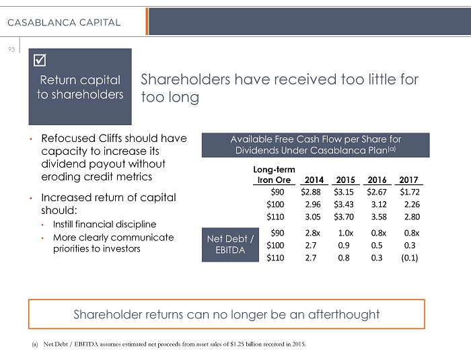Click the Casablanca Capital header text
point(65,22)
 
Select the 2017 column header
point(408,180)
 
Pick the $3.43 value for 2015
point(346,204)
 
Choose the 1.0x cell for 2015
point(346,233)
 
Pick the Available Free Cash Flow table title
point(316,144)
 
